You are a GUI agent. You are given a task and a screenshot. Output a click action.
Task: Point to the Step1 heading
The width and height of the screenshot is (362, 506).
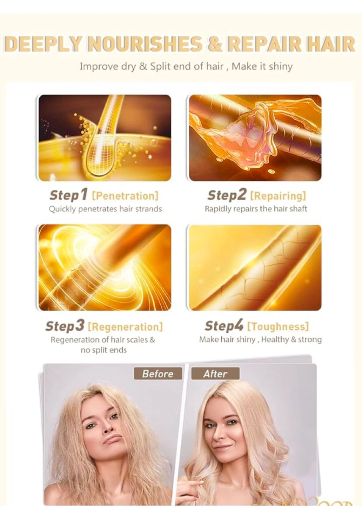tap(68, 195)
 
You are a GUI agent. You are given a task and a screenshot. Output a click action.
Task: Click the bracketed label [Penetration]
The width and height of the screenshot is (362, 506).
tap(125, 196)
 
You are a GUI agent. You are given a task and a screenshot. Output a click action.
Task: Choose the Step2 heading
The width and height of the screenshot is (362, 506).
tap(227, 195)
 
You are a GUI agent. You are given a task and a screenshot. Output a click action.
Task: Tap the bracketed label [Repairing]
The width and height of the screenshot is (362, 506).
tap(278, 196)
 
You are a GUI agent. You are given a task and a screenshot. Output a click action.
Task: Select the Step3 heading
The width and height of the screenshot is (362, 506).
tap(65, 326)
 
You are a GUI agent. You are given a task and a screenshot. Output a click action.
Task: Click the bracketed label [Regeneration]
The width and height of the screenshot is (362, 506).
tap(125, 327)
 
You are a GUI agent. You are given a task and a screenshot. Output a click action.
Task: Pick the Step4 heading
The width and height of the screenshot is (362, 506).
tap(224, 326)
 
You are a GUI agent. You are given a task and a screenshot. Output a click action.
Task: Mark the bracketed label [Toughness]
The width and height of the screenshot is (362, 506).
tap(278, 327)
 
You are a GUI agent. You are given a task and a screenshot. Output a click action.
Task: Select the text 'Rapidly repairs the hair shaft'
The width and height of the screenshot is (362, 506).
tap(256, 209)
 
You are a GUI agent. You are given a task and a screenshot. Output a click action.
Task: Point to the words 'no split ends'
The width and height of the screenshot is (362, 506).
tap(104, 350)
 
